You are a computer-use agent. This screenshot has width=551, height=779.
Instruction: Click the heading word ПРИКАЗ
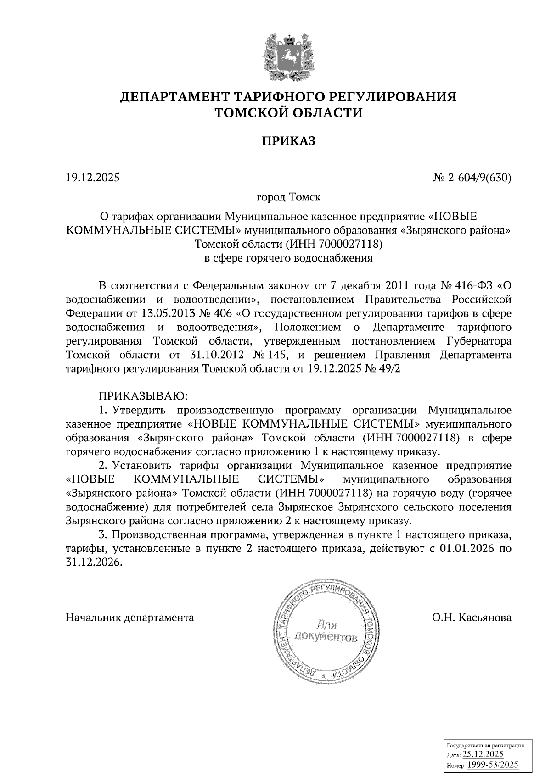(289, 141)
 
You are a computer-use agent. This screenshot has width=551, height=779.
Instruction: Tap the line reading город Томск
(288, 198)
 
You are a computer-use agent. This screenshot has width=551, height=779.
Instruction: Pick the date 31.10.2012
(216, 355)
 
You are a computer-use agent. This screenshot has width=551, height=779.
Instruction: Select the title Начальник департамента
(130, 618)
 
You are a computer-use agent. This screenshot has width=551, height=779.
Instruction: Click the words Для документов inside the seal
(326, 631)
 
